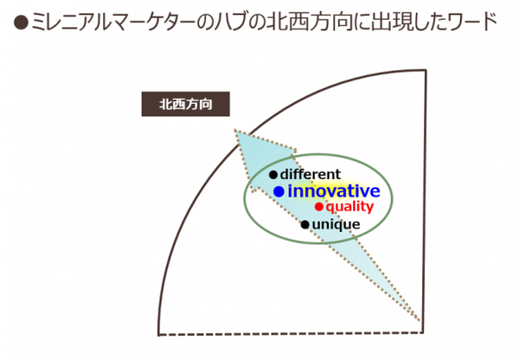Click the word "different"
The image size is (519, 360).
click(311, 174)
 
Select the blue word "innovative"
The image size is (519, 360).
click(334, 191)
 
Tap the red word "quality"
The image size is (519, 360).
click(349, 207)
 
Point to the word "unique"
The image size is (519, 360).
click(336, 224)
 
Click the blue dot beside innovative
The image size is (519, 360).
click(279, 191)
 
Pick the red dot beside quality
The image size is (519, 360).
click(318, 207)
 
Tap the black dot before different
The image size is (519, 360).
click(273, 175)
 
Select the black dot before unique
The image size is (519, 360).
click(305, 225)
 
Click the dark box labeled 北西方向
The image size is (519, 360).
click(186, 104)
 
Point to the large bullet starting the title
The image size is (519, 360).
click(22, 23)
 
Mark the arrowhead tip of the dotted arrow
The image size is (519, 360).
click(234, 130)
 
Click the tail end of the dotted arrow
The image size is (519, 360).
click(420, 320)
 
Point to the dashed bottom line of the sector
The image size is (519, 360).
click(291, 334)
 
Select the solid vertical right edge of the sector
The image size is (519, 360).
click(425, 202)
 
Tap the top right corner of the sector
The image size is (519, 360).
click(426, 70)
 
